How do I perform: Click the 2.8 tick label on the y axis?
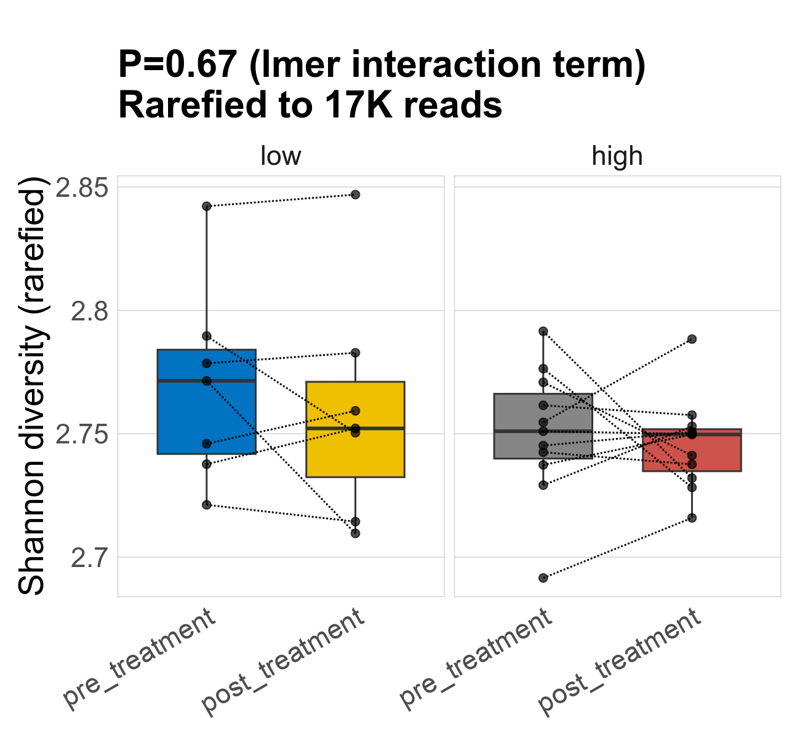[89, 311]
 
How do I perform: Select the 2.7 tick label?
[89, 558]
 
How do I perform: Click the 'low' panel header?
[281, 156]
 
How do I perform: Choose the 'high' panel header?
[617, 156]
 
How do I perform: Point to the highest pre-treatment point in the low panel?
[207, 206]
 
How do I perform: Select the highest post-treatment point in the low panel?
[355, 194]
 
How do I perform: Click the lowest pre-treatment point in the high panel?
[543, 578]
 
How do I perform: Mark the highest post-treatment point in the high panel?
[692, 339]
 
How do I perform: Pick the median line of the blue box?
[234, 381]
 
